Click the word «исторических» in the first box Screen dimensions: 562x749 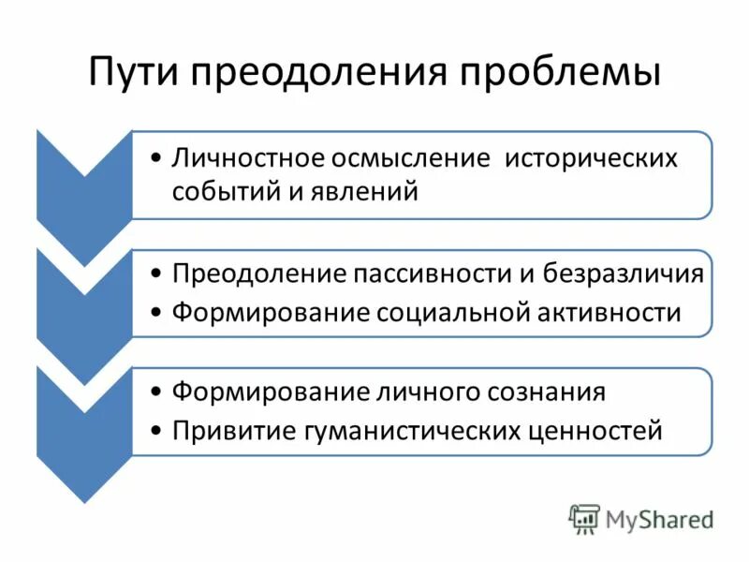[x=591, y=157]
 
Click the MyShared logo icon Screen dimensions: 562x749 [x=585, y=518]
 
